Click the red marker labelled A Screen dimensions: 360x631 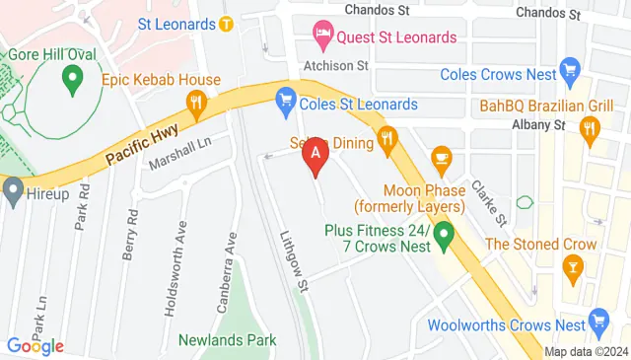tap(315, 154)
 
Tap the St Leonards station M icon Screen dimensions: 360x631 tap(226, 23)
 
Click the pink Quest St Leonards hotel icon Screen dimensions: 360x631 tap(322, 37)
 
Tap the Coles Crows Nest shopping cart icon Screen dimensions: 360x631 tap(568, 68)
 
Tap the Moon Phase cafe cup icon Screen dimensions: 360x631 tap(441, 156)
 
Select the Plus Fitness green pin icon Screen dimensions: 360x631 tap(444, 236)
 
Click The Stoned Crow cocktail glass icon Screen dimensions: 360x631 tap(570, 266)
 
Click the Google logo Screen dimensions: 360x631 tap(35, 346)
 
